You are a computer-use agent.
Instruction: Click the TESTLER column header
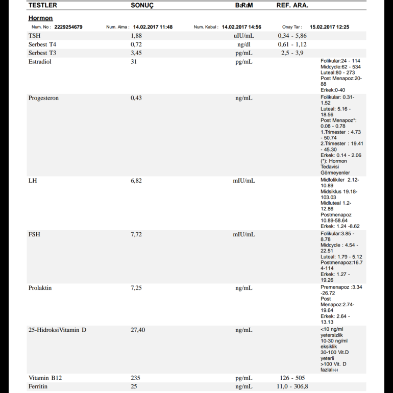(43, 5)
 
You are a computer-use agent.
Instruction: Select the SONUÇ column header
(142, 5)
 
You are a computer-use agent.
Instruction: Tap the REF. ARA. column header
(292, 5)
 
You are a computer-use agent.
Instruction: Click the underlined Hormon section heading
(40, 18)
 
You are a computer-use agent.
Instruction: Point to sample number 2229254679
(68, 27)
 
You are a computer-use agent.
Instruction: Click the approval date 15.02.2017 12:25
(329, 27)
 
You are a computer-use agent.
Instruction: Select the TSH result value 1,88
(136, 36)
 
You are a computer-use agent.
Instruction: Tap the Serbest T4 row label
(42, 44)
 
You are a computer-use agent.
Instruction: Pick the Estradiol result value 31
(134, 62)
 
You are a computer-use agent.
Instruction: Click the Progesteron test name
(43, 98)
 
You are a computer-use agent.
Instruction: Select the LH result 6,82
(136, 181)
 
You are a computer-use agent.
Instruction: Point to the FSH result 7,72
(136, 234)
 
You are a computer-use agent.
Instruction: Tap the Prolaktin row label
(40, 288)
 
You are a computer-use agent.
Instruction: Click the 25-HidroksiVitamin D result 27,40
(138, 330)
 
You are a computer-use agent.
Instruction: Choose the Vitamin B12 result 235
(135, 378)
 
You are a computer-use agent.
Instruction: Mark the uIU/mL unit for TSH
(243, 36)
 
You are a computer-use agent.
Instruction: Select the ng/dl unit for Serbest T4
(243, 44)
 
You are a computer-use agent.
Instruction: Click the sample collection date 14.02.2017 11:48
(153, 27)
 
